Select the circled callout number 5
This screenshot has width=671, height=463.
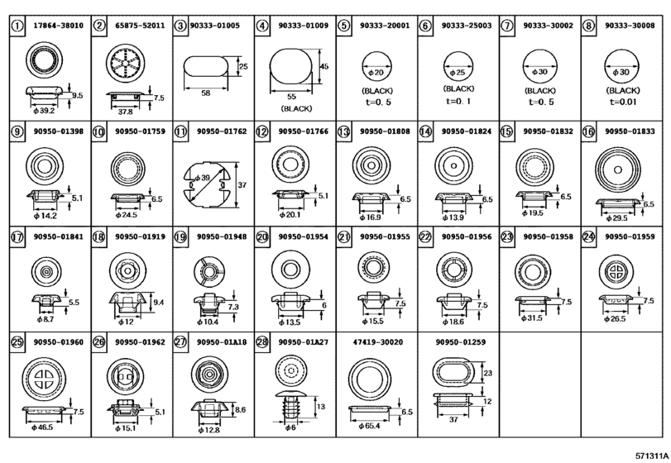click(x=343, y=26)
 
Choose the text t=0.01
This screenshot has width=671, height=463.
click(x=622, y=102)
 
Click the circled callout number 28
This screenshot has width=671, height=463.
click(x=261, y=340)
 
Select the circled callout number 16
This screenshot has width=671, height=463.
click(x=588, y=131)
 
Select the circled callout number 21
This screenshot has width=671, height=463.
click(x=343, y=236)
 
